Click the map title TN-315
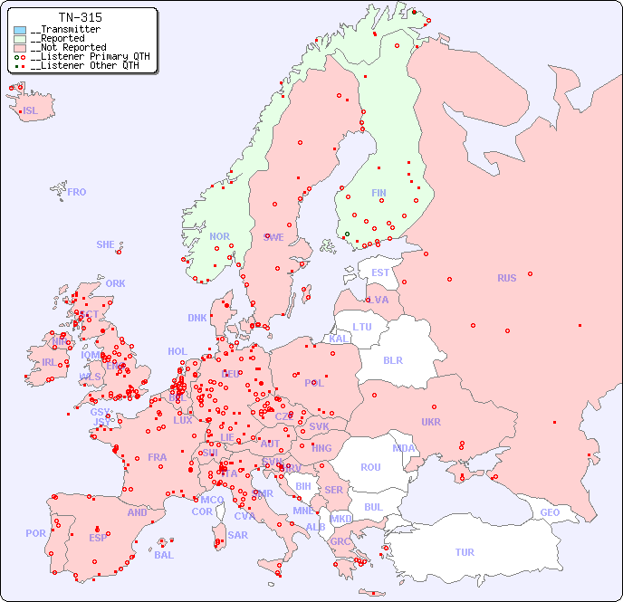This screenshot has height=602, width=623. (x=80, y=17)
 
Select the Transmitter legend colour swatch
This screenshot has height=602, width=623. (x=20, y=30)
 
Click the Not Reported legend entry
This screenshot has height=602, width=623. (x=68, y=48)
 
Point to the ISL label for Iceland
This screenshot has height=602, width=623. (x=31, y=111)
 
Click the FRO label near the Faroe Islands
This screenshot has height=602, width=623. (x=77, y=192)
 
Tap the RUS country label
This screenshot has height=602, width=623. (x=506, y=278)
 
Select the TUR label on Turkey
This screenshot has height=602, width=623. (x=465, y=552)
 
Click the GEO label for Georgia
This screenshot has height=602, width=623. (x=550, y=512)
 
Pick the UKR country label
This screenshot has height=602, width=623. (x=431, y=422)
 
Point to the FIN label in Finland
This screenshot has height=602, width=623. (x=379, y=193)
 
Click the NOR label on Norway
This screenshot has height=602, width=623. (x=219, y=236)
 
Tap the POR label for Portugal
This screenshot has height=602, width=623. (x=35, y=533)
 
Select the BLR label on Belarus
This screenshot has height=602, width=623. (x=393, y=359)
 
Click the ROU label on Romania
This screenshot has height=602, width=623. (x=370, y=467)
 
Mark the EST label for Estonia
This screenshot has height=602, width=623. (x=380, y=272)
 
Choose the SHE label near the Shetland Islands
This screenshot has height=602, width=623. (x=106, y=244)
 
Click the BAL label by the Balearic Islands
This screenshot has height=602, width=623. (x=163, y=555)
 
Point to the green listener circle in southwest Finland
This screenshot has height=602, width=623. (x=346, y=234)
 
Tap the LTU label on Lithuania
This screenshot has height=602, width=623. (x=362, y=327)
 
